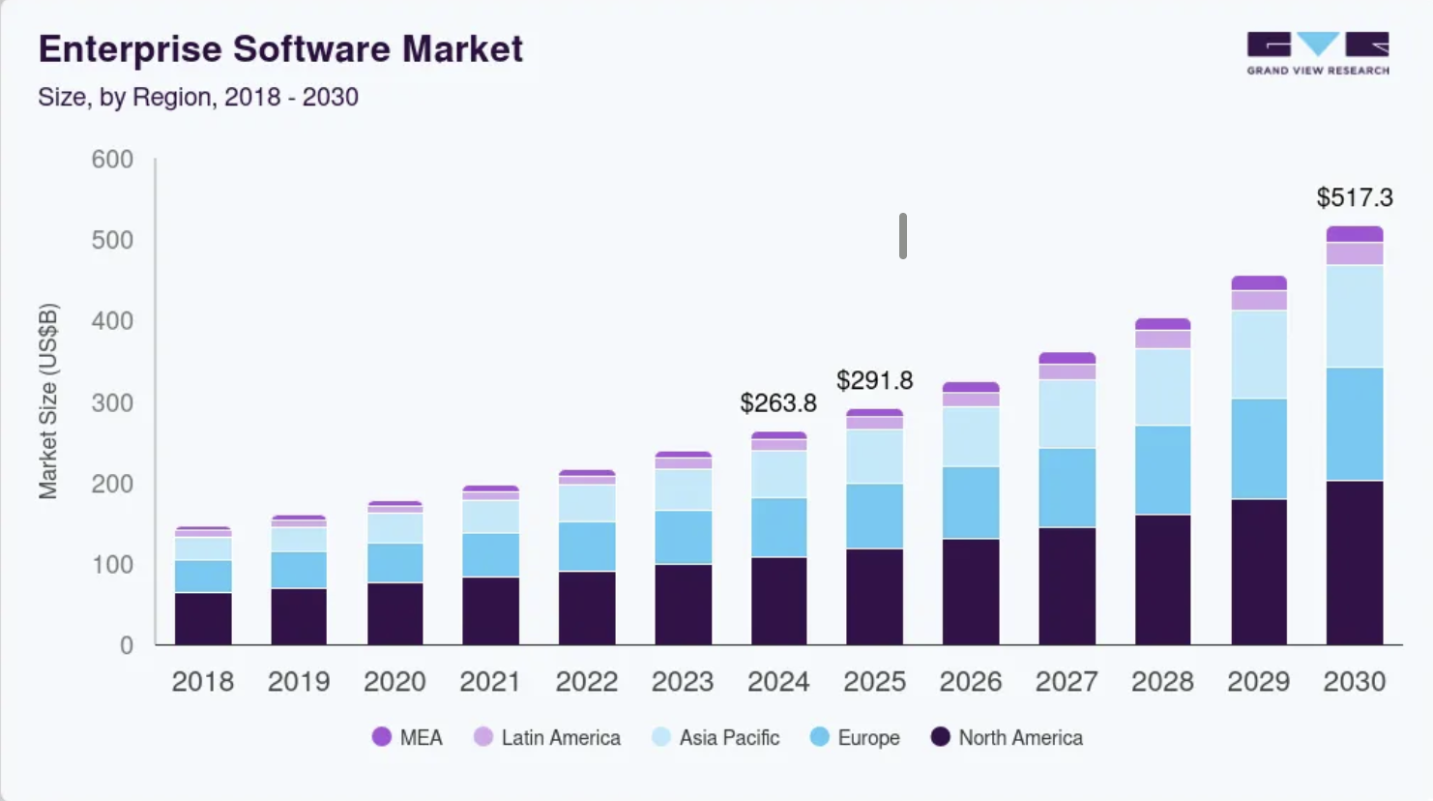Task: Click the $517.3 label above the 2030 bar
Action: click(x=1354, y=198)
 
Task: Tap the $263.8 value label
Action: click(x=777, y=402)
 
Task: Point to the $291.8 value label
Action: click(x=874, y=380)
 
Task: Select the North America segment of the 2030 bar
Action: click(x=1354, y=563)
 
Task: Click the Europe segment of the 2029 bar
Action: click(x=1258, y=448)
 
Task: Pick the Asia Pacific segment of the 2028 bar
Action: click(x=1162, y=387)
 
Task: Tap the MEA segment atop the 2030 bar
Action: click(x=1354, y=234)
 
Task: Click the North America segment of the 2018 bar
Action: click(x=203, y=618)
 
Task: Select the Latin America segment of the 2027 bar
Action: click(x=1067, y=372)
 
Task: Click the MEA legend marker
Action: click(x=382, y=737)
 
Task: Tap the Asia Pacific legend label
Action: click(x=729, y=737)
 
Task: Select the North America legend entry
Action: click(x=1019, y=737)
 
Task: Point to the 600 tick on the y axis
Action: click(x=112, y=160)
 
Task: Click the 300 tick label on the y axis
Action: click(x=112, y=402)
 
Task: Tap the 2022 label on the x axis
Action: click(x=586, y=682)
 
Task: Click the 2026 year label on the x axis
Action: click(x=970, y=682)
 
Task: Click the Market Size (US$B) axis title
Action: click(x=48, y=401)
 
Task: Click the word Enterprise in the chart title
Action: click(x=130, y=49)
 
